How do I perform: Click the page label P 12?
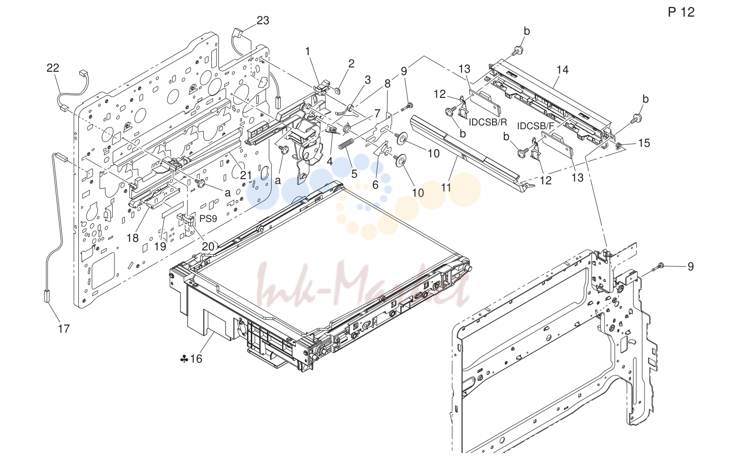click(681, 12)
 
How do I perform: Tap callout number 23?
click(263, 20)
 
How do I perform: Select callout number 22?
click(53, 67)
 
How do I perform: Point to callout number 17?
click(64, 328)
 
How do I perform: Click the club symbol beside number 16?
click(184, 359)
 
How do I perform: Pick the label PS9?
click(208, 219)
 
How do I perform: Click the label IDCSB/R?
click(488, 122)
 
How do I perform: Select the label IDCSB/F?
click(535, 126)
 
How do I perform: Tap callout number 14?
click(562, 70)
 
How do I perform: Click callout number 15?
click(644, 143)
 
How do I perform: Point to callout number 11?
click(446, 188)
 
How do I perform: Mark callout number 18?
click(133, 238)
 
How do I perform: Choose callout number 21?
click(246, 175)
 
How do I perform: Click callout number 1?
click(308, 51)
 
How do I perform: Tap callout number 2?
click(351, 64)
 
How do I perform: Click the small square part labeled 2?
click(338, 89)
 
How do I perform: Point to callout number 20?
click(208, 247)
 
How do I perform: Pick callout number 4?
click(330, 161)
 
